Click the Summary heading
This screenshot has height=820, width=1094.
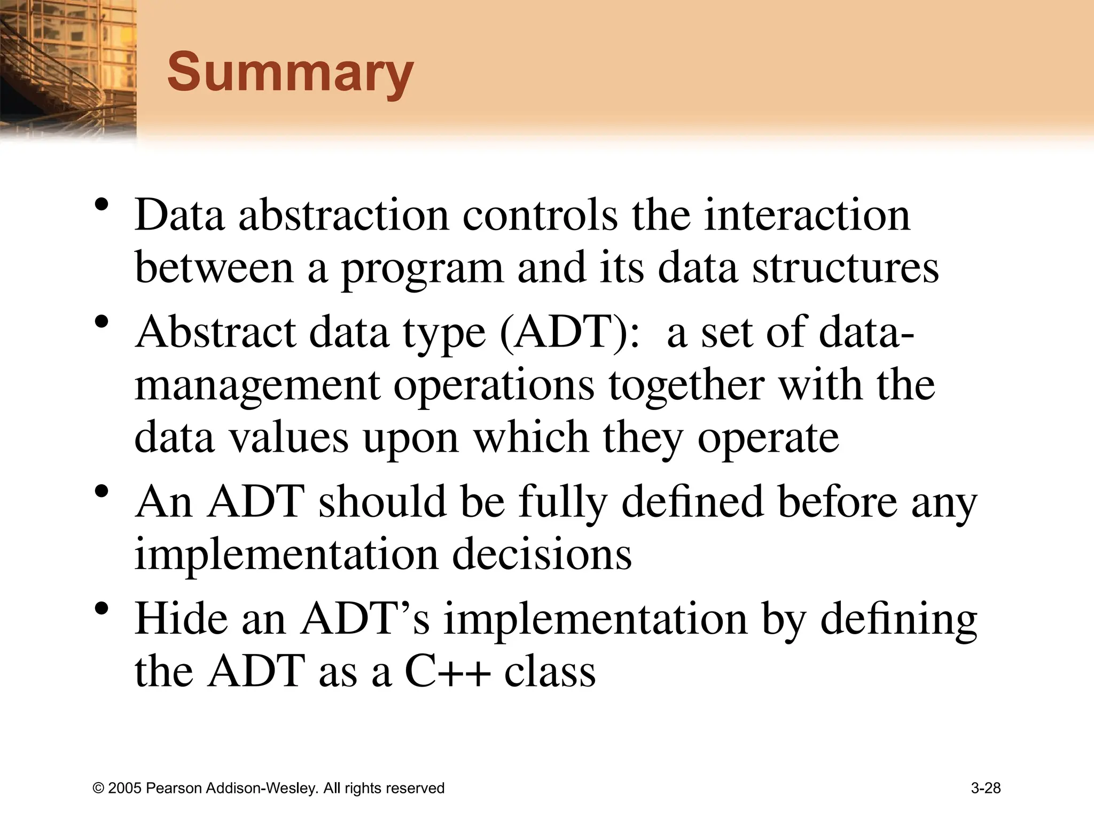click(290, 73)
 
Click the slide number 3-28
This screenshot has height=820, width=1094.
click(986, 788)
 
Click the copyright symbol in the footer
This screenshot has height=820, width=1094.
click(98, 789)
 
